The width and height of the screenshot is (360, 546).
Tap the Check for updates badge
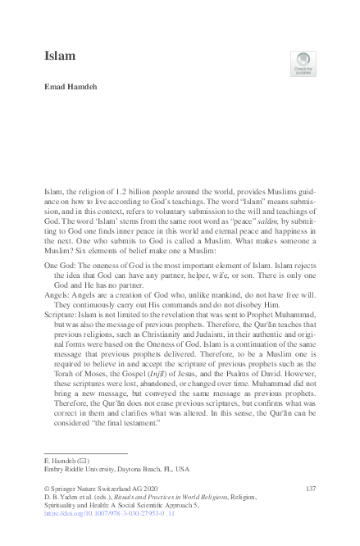(303, 62)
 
